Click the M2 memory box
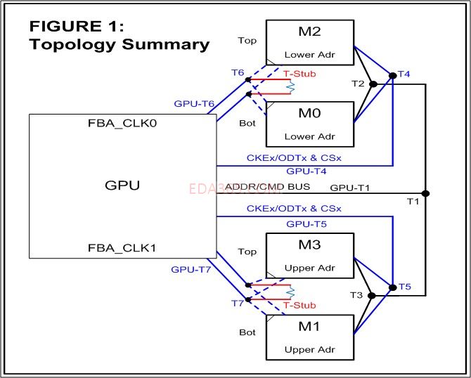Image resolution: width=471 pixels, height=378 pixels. (309, 42)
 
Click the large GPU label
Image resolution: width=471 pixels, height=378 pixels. (122, 186)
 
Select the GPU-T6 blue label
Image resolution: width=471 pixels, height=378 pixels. (194, 104)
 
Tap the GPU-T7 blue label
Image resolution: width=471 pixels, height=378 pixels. (190, 269)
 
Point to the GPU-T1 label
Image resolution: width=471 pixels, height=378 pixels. (350, 188)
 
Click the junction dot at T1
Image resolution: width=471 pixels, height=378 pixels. (425, 193)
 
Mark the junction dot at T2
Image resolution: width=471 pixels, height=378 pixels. (373, 84)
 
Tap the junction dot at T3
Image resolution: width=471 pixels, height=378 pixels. (373, 296)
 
